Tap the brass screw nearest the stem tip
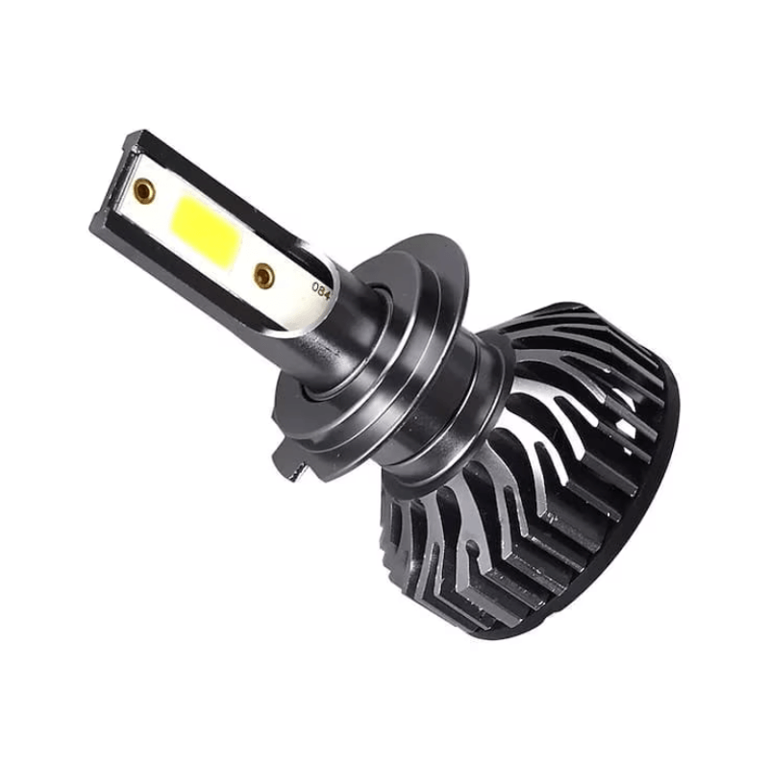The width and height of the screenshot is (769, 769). (144, 189)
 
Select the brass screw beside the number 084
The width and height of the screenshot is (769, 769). (263, 275)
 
